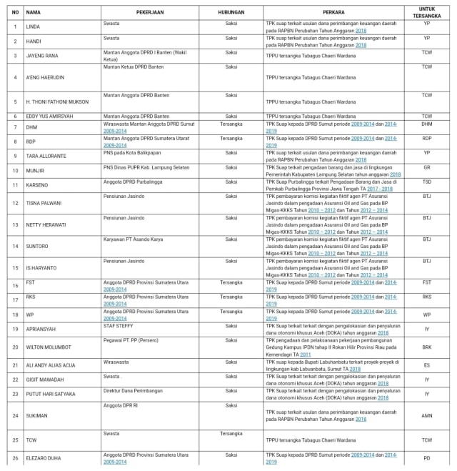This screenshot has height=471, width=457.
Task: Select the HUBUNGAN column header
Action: click(231, 12)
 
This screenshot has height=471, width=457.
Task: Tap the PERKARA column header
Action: click(330, 12)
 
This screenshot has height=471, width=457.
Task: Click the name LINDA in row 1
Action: click(32, 26)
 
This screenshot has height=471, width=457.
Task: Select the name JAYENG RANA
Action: click(42, 54)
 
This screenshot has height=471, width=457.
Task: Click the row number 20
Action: click(14, 347)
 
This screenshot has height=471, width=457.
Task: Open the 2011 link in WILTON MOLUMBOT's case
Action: click(306, 355)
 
